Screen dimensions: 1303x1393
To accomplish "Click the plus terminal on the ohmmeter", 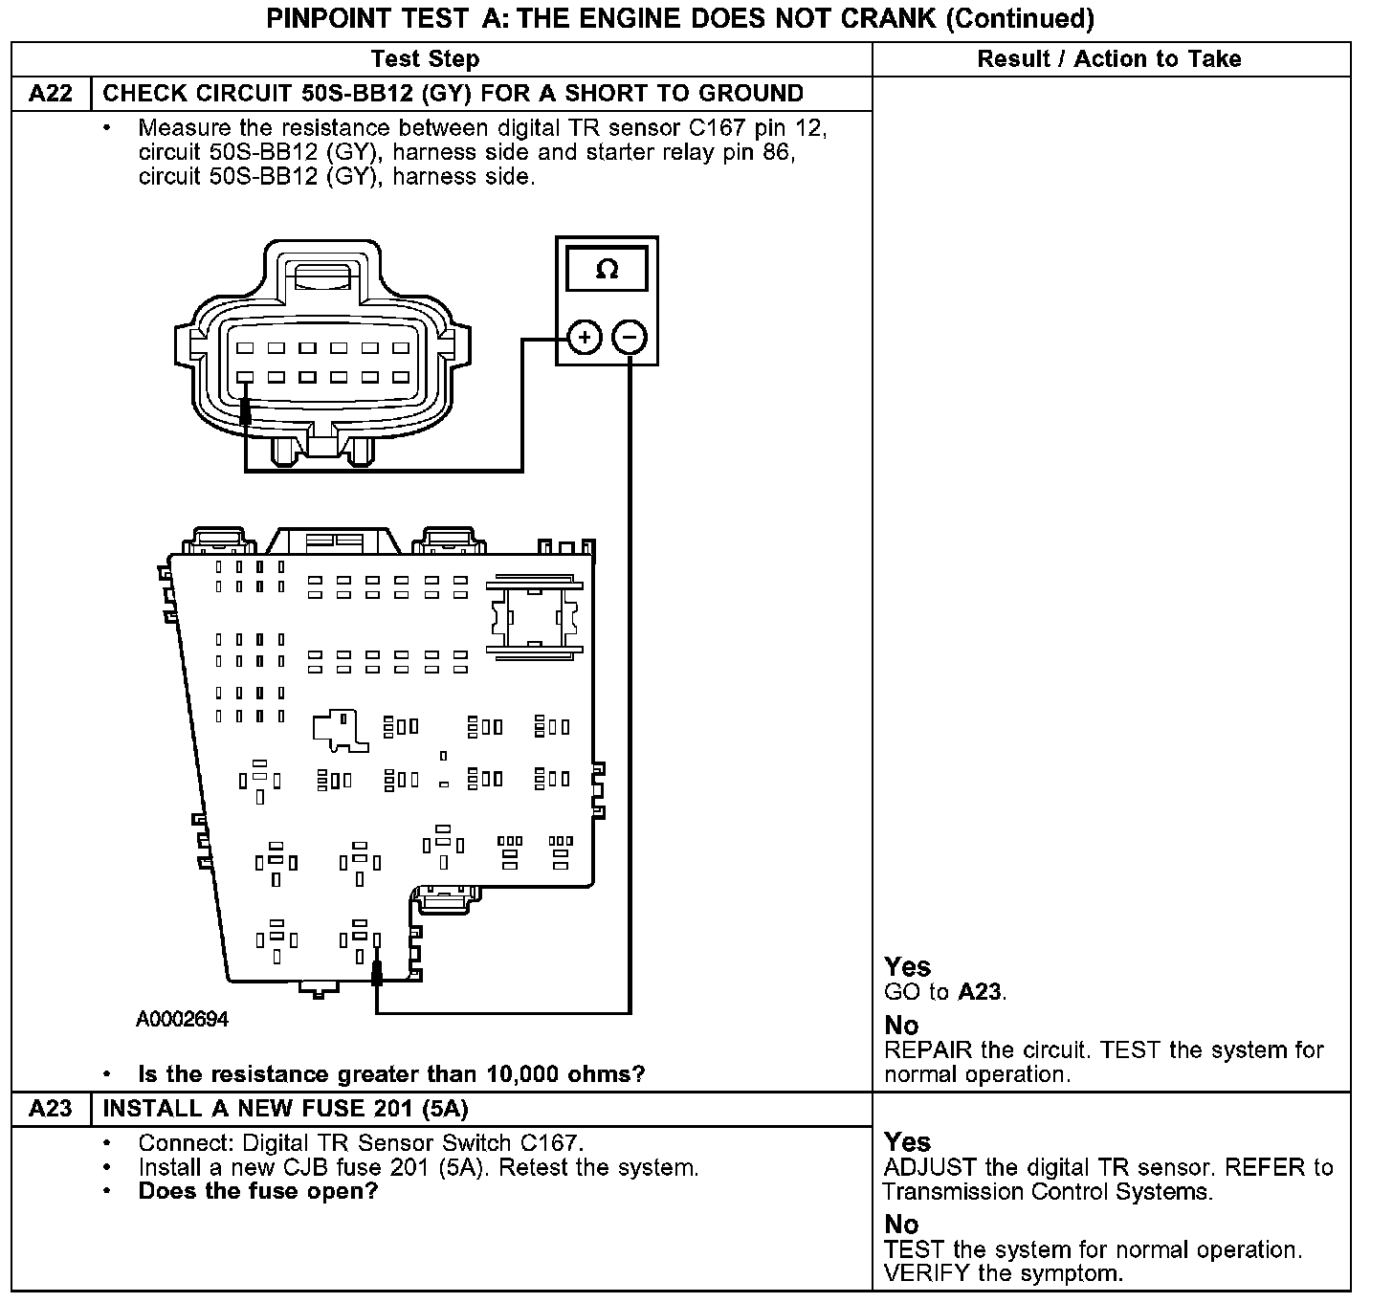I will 584,337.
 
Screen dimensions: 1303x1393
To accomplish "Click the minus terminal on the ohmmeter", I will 630,337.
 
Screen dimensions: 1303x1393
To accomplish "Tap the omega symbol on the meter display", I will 607,269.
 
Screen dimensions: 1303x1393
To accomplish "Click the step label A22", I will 51,94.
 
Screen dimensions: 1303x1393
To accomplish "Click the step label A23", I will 51,1109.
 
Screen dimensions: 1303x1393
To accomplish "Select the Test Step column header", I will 425,59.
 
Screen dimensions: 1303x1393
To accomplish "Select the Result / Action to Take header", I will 1109,59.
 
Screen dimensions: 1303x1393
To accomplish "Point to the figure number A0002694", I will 182,1020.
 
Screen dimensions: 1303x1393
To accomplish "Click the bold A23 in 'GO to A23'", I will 980,992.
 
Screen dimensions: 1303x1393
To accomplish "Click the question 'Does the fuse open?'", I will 258,1191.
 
